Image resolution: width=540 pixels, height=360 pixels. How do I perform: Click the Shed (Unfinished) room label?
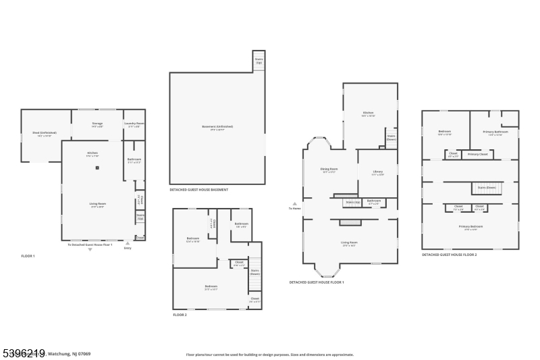click(38, 134)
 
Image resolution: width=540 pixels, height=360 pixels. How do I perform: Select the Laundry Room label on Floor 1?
click(134, 124)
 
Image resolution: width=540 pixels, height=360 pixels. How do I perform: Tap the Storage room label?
click(97, 124)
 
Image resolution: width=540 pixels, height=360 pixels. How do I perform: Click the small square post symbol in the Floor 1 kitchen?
click(97, 168)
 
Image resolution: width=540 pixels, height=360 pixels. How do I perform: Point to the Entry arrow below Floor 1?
click(128, 242)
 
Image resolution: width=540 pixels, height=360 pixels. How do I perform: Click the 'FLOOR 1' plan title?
click(28, 256)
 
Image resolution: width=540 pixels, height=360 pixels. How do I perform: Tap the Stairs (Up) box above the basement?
click(259, 60)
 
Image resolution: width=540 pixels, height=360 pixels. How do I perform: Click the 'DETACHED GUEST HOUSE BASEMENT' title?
click(198, 190)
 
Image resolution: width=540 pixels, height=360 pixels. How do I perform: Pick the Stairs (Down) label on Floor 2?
click(254, 272)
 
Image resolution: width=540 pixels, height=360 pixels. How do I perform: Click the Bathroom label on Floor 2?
click(242, 225)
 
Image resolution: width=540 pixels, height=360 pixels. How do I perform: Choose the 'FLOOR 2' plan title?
click(180, 315)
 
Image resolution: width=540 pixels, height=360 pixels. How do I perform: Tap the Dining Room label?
click(329, 170)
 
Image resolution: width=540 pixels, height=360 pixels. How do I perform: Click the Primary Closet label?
click(478, 155)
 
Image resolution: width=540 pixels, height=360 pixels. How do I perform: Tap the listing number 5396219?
click(23, 352)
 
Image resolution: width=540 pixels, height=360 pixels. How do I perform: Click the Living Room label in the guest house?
click(349, 243)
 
